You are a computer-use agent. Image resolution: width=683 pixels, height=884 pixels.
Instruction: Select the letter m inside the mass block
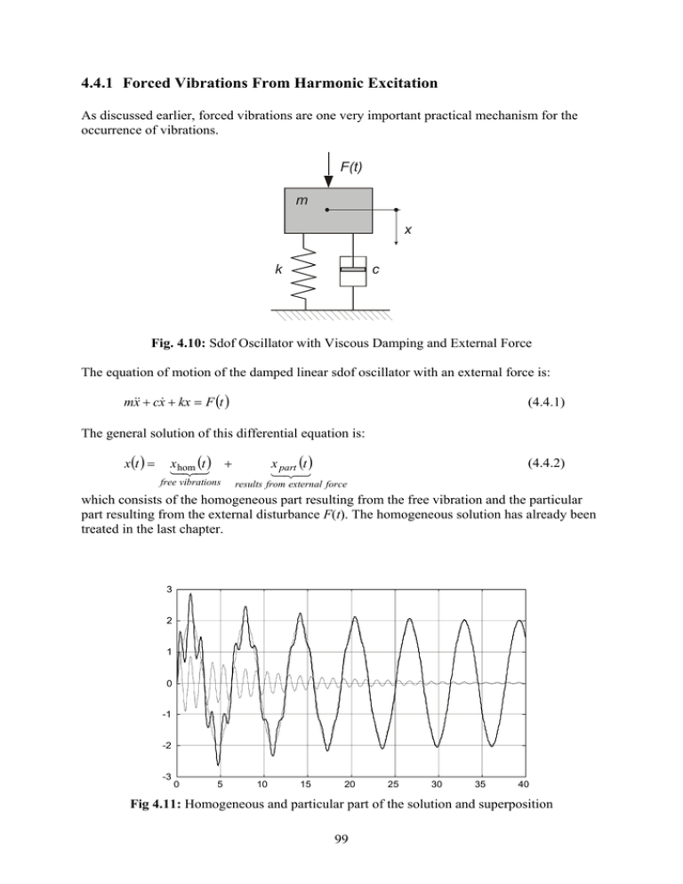pyautogui.click(x=304, y=201)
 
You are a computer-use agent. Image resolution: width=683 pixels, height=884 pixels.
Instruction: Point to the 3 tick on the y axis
pyautogui.click(x=168, y=590)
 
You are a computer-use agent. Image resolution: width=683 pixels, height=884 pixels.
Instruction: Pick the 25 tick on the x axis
pyautogui.click(x=393, y=785)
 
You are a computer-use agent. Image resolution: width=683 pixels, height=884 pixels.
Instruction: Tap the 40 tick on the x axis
pyautogui.click(x=524, y=785)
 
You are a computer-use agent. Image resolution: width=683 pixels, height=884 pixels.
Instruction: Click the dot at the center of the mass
pyautogui.click(x=327, y=211)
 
